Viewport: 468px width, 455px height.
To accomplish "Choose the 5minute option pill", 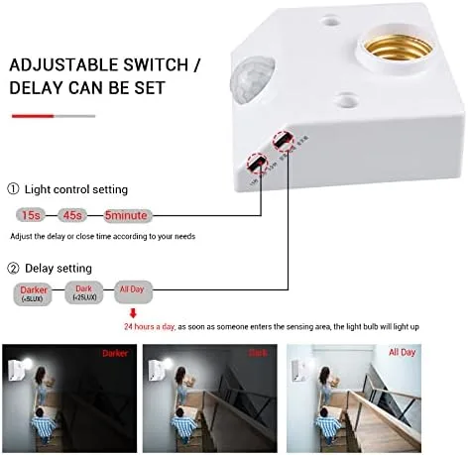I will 129,214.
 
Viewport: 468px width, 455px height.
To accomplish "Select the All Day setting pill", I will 132,291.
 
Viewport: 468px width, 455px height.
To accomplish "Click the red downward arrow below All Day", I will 132,313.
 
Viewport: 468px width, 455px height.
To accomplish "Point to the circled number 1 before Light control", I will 14,189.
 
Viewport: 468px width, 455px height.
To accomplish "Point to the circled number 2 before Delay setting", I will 14,268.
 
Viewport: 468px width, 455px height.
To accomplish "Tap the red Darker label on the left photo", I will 114,352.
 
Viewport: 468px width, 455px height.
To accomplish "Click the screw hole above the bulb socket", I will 328,17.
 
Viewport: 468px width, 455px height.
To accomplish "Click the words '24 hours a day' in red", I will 150,326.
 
